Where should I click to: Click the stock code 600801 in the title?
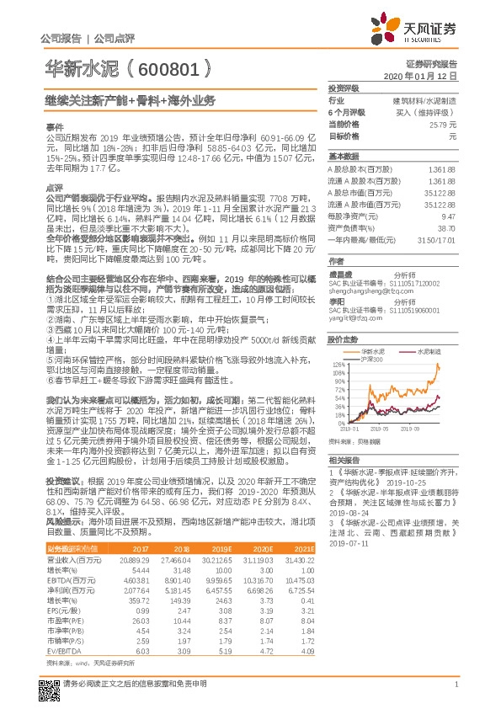167,67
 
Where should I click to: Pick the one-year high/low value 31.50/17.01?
438,240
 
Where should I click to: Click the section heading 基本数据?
344,156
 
